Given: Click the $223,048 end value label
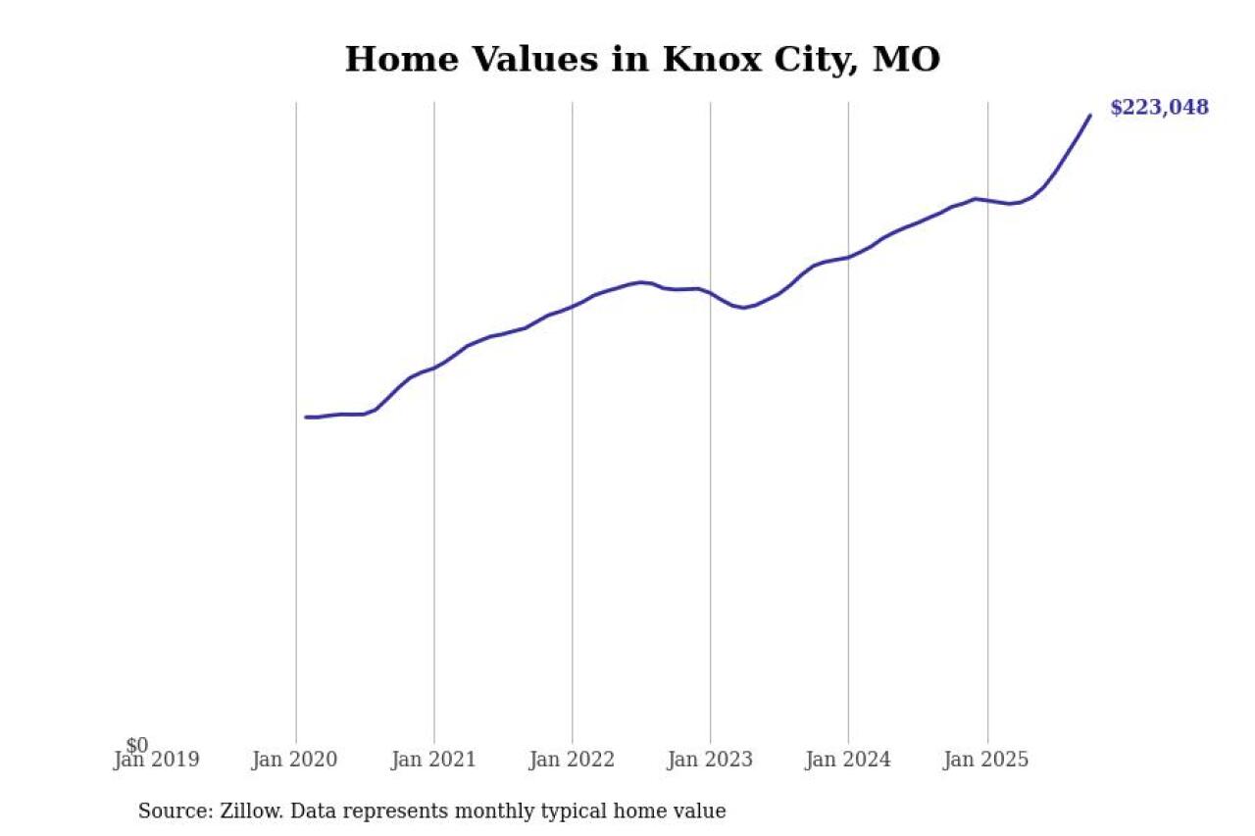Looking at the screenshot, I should tap(1159, 108).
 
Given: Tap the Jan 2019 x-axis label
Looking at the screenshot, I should tap(157, 760).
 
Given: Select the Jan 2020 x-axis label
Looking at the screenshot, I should tap(295, 760).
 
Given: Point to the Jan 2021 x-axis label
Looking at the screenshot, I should tap(433, 760).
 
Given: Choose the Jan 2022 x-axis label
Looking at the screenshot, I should tap(572, 760).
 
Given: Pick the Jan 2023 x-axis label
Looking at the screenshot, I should tap(710, 760).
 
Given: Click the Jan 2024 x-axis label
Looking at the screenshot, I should tap(848, 760).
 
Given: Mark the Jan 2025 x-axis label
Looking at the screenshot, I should tap(986, 760).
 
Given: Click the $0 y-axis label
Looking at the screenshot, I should tap(137, 746).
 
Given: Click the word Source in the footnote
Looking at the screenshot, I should tap(170, 811).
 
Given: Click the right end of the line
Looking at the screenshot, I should tap(1089, 116).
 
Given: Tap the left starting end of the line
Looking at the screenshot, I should tap(306, 417).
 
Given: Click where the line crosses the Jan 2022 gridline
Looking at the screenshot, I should tap(573, 306).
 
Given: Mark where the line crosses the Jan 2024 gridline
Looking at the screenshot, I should tap(849, 257).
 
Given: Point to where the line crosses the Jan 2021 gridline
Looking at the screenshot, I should tap(434, 367).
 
